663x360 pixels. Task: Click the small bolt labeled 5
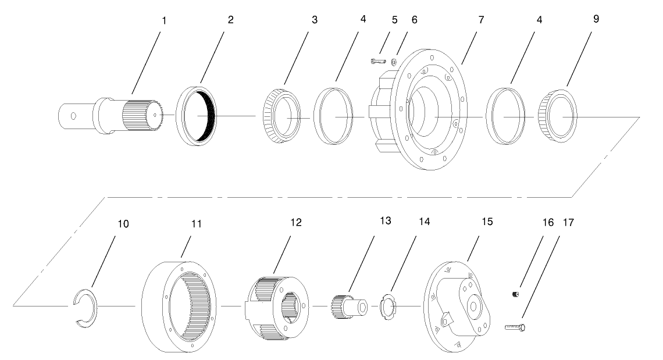pyautogui.click(x=378, y=59)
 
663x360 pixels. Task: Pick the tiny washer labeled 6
pyautogui.click(x=395, y=62)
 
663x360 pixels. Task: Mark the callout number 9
pyautogui.click(x=563, y=19)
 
